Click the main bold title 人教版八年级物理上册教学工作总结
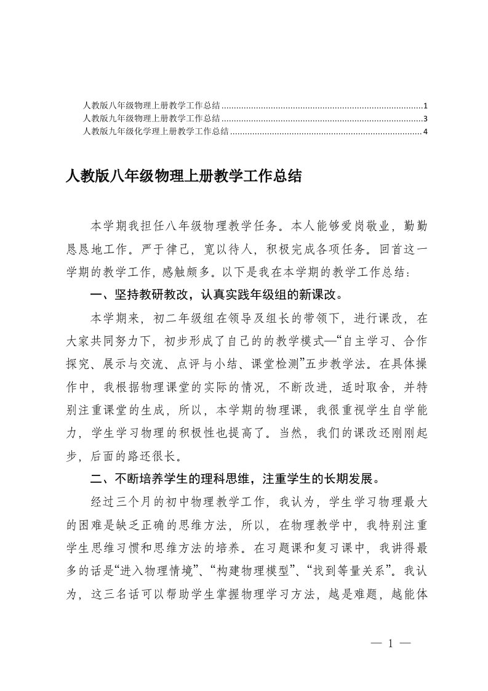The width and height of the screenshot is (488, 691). [183, 177]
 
